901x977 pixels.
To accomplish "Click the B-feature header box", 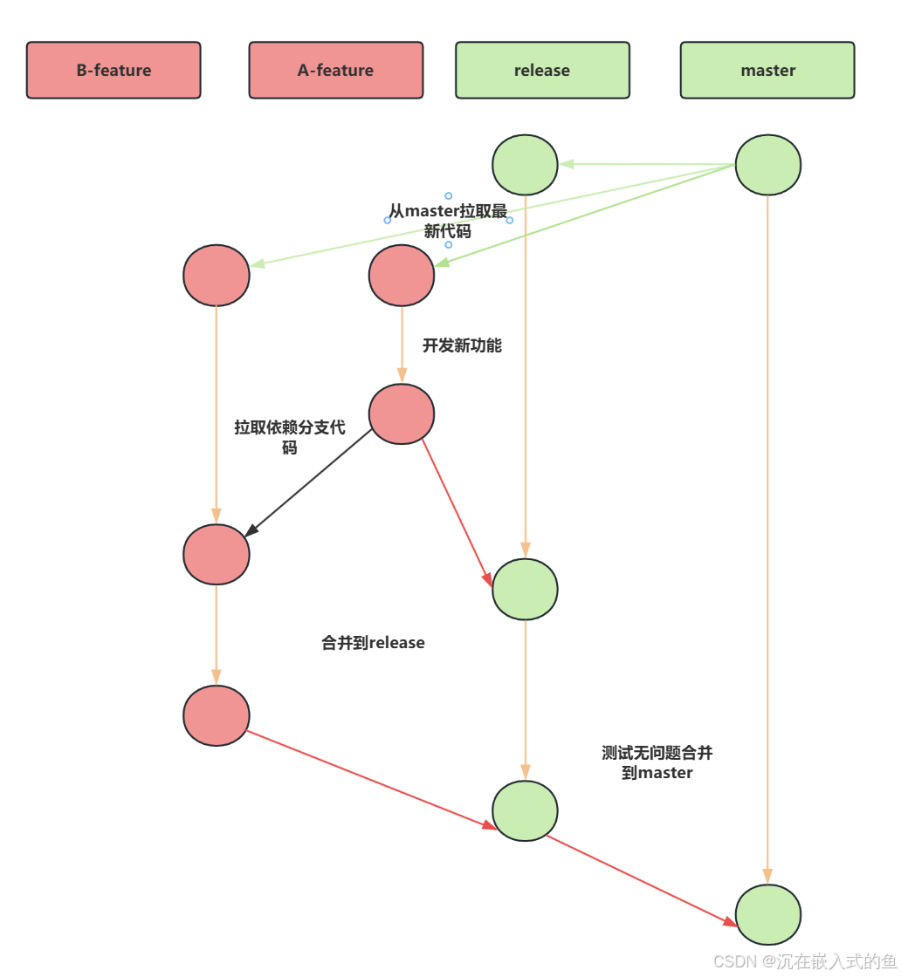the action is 113,71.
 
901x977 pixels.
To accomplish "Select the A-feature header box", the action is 336,71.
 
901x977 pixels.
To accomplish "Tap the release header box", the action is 542,71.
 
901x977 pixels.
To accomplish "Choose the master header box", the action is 767,71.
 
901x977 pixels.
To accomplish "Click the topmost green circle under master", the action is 768,165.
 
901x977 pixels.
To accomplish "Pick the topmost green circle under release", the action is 525,165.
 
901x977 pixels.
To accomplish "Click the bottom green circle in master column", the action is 768,915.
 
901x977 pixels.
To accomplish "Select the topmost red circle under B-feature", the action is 217,276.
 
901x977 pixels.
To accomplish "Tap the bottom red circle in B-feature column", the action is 217,716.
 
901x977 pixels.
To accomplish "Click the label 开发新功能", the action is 462,345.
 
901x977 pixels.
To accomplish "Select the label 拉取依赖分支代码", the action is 290,437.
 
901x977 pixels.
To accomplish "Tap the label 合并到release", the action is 373,642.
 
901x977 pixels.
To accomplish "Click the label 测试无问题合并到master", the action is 657,762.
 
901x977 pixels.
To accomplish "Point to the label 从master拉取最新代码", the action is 448,221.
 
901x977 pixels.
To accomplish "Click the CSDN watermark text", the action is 805,961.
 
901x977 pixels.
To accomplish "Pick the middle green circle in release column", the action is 525,590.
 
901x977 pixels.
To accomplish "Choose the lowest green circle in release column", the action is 525,811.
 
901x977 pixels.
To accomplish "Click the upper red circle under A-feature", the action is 402,276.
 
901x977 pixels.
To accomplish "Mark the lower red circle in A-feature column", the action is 402,413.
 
